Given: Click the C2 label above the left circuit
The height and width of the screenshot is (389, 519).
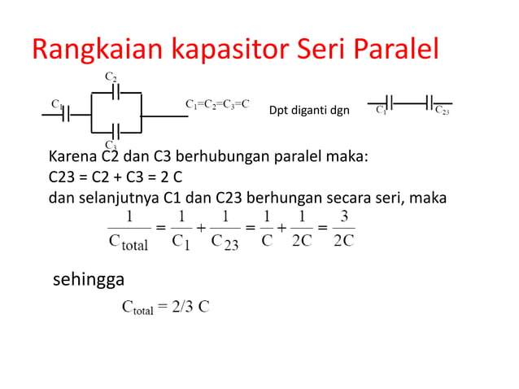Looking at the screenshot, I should pyautogui.click(x=111, y=76).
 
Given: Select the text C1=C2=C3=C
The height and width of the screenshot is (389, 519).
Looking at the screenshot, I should pyautogui.click(x=217, y=105).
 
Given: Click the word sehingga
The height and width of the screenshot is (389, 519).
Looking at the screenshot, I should pyautogui.click(x=88, y=281).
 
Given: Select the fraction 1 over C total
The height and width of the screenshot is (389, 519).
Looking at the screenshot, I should pyautogui.click(x=129, y=229).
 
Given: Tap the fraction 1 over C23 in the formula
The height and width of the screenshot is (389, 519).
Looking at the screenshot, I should pyautogui.click(x=224, y=229).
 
